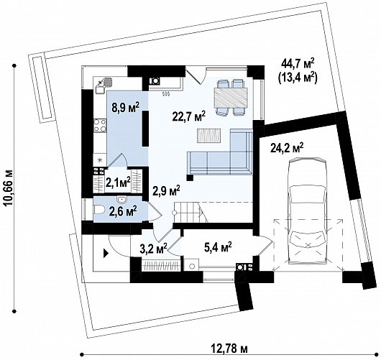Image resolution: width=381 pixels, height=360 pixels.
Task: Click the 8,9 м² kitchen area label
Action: (125, 108)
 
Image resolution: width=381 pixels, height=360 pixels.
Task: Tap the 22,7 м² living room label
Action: (189, 116)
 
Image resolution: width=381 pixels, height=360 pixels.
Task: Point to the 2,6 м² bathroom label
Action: (123, 211)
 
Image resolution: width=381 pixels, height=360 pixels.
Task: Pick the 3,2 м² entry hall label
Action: (154, 249)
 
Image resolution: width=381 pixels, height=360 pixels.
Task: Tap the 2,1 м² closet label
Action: (118, 182)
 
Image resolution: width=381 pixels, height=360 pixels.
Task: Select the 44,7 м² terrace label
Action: (298, 64)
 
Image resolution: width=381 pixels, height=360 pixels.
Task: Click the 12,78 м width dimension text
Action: (229, 349)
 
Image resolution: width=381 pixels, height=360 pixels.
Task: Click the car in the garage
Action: (307, 211)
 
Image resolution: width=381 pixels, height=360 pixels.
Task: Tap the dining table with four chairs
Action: (230, 97)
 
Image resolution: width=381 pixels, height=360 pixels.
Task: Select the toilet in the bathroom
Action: (99, 209)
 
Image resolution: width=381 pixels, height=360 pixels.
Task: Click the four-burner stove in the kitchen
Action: (100, 125)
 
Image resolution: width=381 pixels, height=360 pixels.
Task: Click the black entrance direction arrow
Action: (106, 253)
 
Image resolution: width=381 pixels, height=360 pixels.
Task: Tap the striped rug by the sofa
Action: (209, 136)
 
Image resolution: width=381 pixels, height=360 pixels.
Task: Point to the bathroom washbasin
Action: (121, 200)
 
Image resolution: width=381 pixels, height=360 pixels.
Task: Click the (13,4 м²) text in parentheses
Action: (297, 78)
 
